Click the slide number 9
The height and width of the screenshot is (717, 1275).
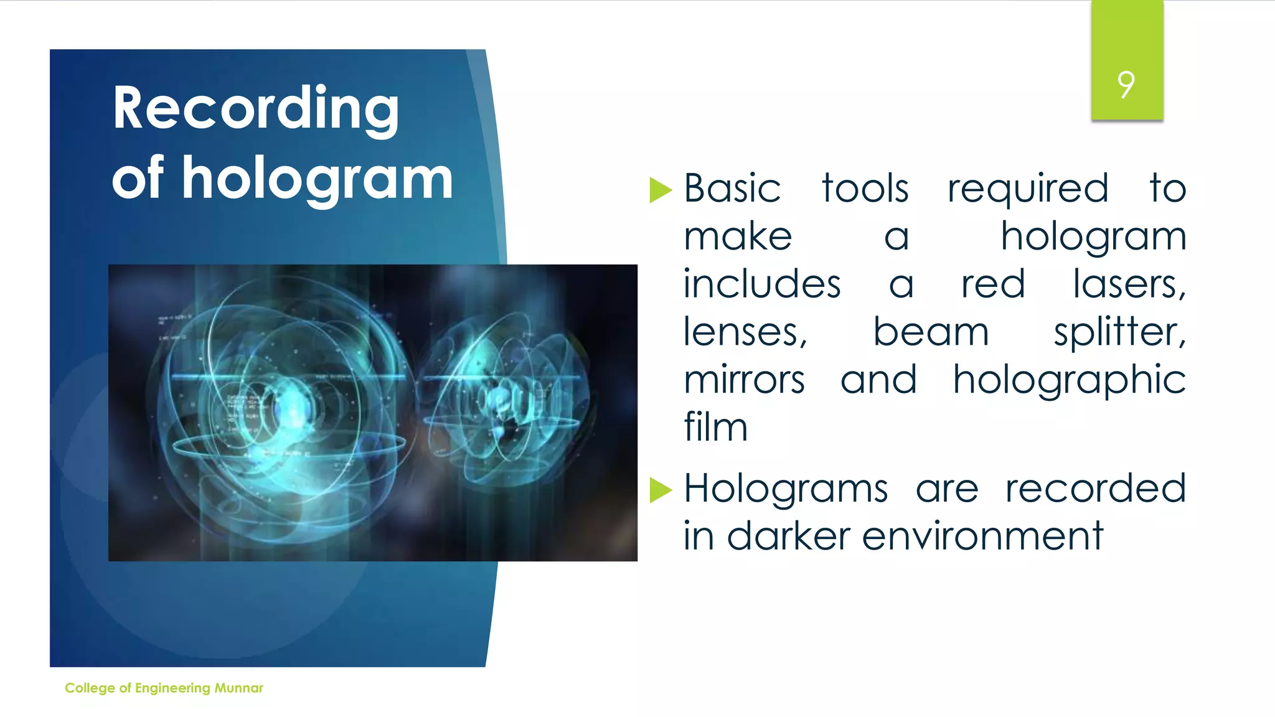click(x=1126, y=85)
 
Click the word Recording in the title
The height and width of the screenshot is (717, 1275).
click(x=255, y=110)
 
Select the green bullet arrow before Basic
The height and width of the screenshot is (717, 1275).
click(x=660, y=190)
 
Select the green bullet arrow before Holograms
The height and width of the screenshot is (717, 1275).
click(x=660, y=490)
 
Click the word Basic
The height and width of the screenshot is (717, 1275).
click(x=732, y=189)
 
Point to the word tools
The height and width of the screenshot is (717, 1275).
click(x=865, y=189)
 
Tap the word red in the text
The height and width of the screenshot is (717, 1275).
click(x=992, y=284)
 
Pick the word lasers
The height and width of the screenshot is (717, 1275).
click(x=1129, y=284)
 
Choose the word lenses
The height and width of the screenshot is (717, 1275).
click(x=745, y=332)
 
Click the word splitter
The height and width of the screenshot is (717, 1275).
click(x=1119, y=332)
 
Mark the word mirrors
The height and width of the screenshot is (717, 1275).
click(x=744, y=380)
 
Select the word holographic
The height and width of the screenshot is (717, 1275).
click(x=1069, y=382)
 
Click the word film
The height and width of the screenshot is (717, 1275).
click(x=715, y=428)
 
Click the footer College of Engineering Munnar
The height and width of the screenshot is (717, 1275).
click(x=164, y=688)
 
